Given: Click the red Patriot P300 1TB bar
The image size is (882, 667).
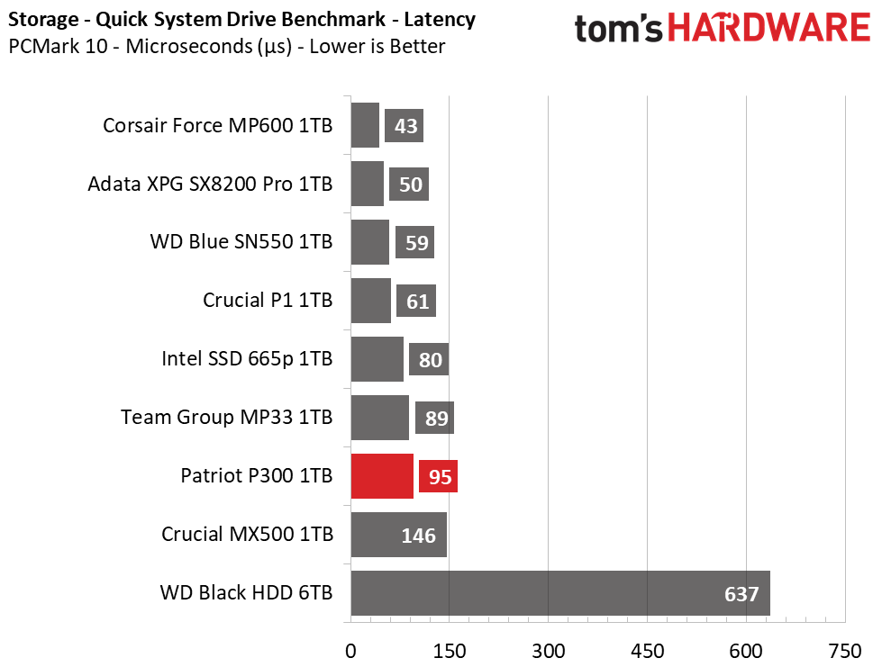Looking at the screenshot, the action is (x=382, y=476).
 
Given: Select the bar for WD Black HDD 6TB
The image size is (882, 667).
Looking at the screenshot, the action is (x=560, y=593).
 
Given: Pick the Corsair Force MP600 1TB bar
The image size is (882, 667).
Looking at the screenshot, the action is (x=365, y=125).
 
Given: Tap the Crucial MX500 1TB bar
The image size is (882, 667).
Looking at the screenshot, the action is (x=399, y=535).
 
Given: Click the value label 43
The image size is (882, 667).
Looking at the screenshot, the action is (x=404, y=126).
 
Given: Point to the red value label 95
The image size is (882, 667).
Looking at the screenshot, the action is (x=438, y=476).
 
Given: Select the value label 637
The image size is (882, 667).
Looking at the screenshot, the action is (x=741, y=594).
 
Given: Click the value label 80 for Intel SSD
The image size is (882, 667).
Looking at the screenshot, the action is (x=429, y=360).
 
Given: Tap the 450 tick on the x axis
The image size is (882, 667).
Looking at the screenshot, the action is (x=647, y=652).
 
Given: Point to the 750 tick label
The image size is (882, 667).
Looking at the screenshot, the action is (x=845, y=652).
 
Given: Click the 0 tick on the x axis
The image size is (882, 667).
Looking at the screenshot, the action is (x=350, y=652).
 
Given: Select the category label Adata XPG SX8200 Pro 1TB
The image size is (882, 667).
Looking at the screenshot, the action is (x=210, y=184).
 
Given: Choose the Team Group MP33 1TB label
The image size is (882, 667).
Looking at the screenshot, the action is (x=226, y=417).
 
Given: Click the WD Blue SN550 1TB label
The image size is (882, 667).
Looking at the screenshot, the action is (x=241, y=241).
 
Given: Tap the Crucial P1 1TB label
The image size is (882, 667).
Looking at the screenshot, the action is (x=268, y=300).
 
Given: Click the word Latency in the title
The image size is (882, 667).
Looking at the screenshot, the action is (x=440, y=19).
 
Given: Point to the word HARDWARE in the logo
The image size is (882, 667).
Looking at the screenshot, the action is (x=769, y=28).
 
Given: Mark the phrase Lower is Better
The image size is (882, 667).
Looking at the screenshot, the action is (x=377, y=46).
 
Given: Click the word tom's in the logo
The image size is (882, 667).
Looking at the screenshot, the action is (x=619, y=29).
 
